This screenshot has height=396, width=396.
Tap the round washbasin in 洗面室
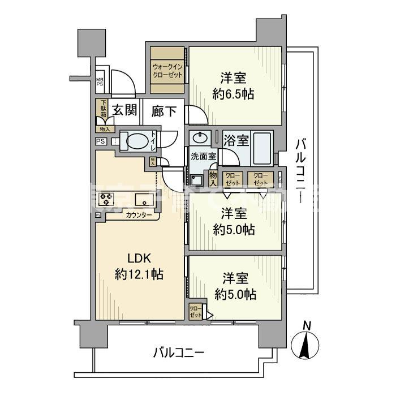pos(200,139)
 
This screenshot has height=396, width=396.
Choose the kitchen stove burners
pos(106,199)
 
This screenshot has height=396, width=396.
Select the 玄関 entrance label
pos(124,110)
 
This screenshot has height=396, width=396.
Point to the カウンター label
pos(139,215)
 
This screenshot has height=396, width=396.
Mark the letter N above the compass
pos(307,325)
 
